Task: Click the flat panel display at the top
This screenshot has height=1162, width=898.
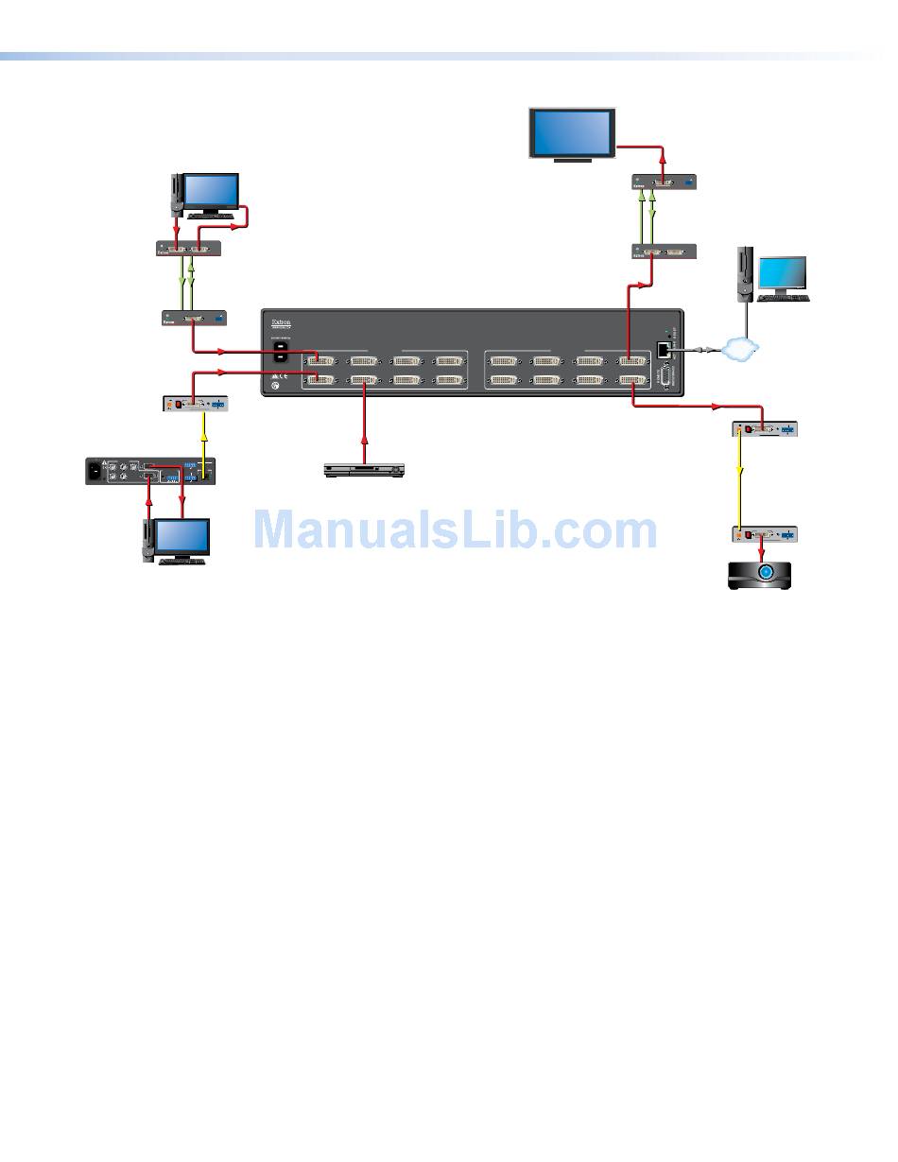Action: pos(572,133)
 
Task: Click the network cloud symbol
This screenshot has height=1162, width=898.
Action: pos(739,349)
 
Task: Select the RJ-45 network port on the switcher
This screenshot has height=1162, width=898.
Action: pos(664,348)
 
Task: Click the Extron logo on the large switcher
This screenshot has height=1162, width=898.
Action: pos(282,321)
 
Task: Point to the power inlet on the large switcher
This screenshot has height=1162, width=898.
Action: pos(281,352)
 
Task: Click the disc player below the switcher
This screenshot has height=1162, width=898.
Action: pos(364,469)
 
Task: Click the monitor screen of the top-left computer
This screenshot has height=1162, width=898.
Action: pos(210,191)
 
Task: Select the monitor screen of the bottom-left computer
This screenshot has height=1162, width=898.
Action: pos(182,537)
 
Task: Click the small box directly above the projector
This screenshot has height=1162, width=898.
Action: pos(764,534)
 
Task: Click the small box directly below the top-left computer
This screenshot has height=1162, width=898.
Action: pos(188,249)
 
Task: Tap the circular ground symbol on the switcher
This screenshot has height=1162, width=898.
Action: pos(276,385)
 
